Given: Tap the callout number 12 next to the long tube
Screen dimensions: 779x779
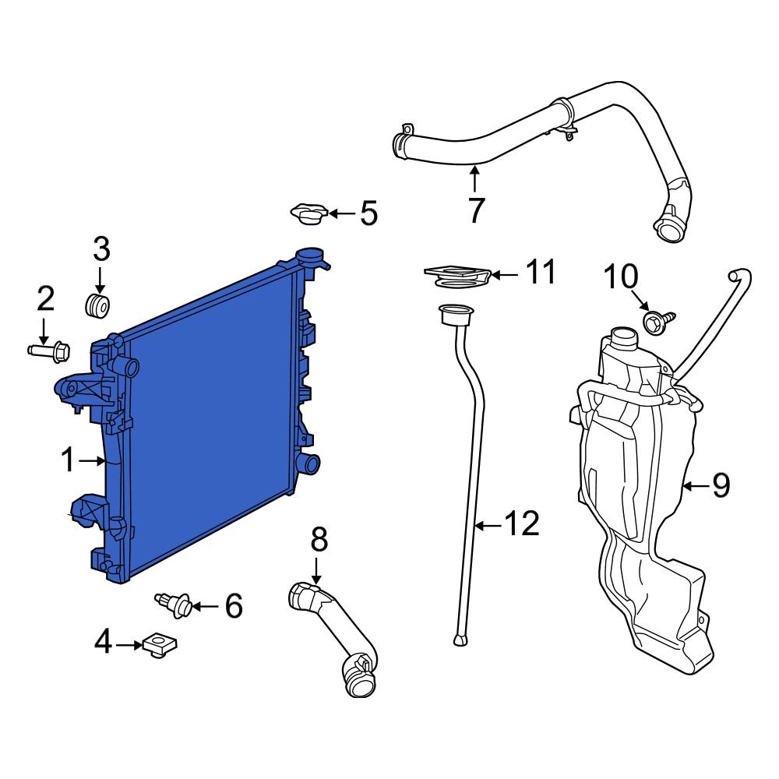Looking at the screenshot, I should (x=520, y=525).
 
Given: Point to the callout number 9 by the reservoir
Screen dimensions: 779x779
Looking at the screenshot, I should (x=721, y=486).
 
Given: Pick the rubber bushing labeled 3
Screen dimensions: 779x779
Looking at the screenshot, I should (x=97, y=305).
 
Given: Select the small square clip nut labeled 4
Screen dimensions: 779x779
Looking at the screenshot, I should (x=160, y=644).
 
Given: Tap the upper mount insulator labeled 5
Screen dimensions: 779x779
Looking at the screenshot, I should (x=308, y=213).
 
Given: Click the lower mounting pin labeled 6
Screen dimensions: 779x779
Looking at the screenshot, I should (x=174, y=605).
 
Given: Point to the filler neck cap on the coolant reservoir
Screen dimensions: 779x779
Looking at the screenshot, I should (x=623, y=339).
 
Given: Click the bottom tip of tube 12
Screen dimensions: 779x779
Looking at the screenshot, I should (x=460, y=640).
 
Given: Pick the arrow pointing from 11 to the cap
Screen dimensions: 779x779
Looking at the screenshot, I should (x=505, y=275).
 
